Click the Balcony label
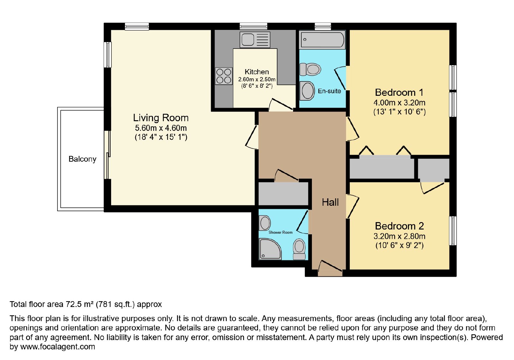coord(82,159)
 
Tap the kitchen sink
coord(255,40)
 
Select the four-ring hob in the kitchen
coord(224,76)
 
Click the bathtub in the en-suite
coord(322,40)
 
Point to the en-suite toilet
coord(310,69)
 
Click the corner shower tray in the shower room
coord(270,249)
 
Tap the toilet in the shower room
coord(299,249)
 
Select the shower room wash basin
coord(265,223)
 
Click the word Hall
coord(330,202)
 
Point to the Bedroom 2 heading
coord(399,226)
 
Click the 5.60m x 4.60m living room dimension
coord(161,128)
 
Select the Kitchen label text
coord(257,72)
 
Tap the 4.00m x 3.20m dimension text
coord(400,103)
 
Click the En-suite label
coord(329,91)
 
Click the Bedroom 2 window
coord(453,231)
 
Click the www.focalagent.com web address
coord(58,346)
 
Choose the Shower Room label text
coord(280,232)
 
